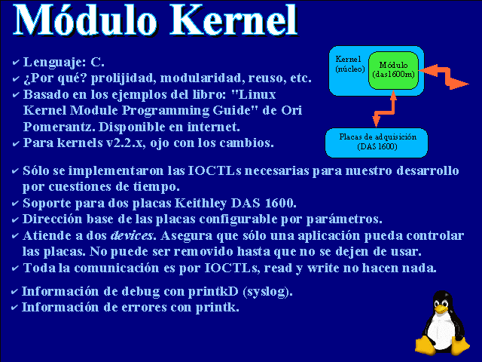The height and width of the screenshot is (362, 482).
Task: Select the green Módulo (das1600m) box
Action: tap(393, 70)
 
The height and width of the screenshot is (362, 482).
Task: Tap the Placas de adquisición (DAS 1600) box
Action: tap(377, 143)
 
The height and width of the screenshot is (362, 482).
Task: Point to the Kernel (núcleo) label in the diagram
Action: tap(349, 63)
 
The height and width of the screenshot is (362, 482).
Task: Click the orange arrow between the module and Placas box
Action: tap(384, 110)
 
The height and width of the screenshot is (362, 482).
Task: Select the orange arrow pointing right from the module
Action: tap(444, 77)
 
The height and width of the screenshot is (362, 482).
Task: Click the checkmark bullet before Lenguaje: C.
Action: tap(16, 63)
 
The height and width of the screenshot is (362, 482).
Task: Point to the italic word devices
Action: tap(133, 235)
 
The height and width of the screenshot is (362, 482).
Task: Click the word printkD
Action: tap(213, 292)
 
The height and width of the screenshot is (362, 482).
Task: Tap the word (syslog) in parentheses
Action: tap(267, 292)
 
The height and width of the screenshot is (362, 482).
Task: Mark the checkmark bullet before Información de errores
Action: tap(14, 308)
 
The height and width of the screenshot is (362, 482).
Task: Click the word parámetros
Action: tap(344, 219)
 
